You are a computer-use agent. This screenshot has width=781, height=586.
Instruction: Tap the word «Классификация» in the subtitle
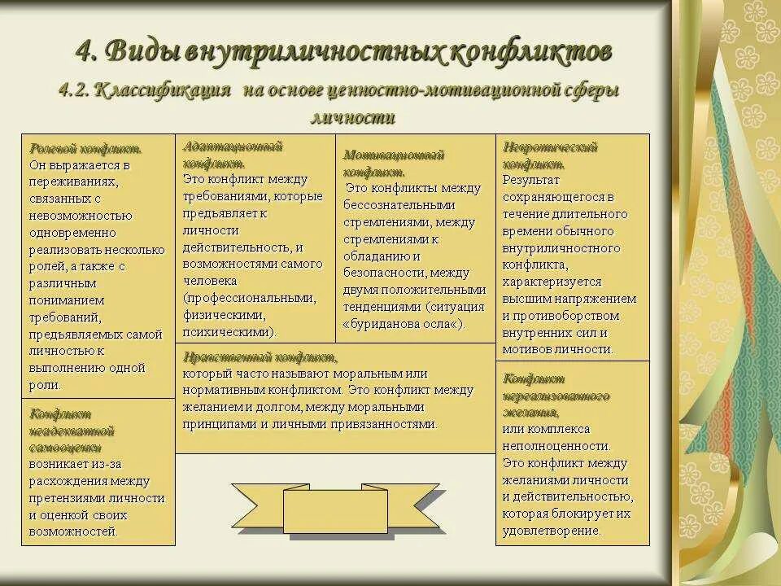pos(163,90)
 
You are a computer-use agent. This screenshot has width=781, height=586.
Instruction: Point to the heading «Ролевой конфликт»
pos(85,149)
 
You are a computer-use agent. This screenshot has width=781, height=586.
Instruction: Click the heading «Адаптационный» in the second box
pos(233,146)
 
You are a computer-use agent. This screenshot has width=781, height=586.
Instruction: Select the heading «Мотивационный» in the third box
pos(394,155)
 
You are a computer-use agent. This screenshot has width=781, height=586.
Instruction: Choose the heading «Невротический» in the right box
pos(550,147)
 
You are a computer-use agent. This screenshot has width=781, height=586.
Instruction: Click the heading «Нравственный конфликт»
pos(260,356)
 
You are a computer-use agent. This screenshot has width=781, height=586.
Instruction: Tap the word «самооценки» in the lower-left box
pos(66,448)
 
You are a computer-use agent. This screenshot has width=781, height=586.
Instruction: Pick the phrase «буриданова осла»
pos(404,323)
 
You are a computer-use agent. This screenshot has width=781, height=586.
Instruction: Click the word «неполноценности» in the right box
pos(556,446)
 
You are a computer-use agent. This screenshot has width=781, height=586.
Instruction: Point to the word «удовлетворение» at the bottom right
pos(551,531)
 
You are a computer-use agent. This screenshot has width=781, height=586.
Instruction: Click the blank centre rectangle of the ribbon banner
pos(324,510)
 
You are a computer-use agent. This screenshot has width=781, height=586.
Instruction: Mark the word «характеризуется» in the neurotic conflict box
pos(552,282)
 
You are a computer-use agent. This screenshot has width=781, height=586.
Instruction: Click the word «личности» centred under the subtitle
pos(352,117)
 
